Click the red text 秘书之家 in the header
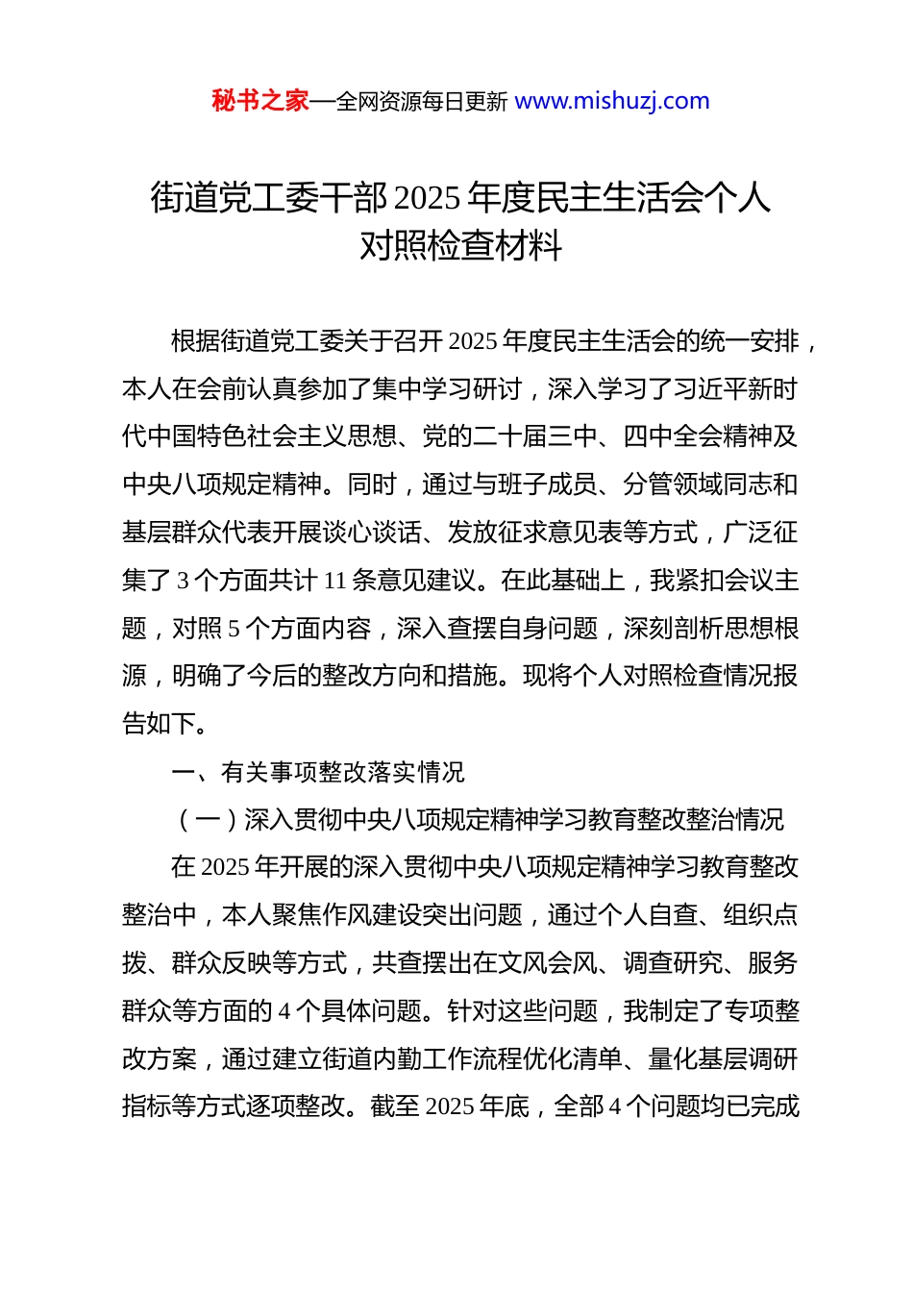(259, 101)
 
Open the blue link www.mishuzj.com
(612, 101)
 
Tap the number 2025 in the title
(428, 198)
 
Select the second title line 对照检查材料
(460, 246)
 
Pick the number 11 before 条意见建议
(335, 581)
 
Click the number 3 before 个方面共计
(183, 581)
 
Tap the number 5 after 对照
(234, 629)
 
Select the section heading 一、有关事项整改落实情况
(317, 772)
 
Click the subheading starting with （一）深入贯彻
(477, 820)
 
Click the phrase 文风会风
(548, 963)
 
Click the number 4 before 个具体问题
(284, 1011)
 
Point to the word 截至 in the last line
(394, 1106)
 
